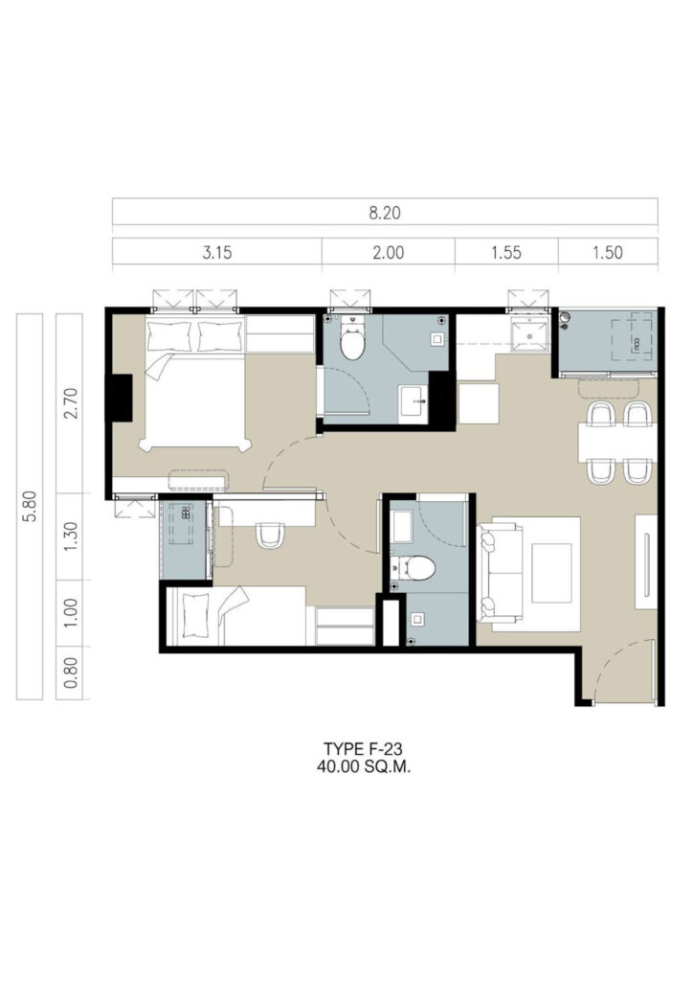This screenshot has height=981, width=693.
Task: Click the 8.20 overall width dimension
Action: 384,213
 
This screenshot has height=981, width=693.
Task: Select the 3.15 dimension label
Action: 217,253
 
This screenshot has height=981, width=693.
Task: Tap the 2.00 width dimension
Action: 388,253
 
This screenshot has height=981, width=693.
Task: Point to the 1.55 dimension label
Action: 505,253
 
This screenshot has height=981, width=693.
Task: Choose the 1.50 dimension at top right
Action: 608,253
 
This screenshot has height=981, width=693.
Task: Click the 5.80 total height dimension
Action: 30,506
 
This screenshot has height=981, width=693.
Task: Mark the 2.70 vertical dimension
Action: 69,403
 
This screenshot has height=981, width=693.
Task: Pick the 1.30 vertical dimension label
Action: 69,536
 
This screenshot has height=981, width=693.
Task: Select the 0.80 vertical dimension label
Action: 69,673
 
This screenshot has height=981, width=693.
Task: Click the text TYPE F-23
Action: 363,749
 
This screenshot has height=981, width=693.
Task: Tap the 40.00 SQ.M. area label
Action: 363,767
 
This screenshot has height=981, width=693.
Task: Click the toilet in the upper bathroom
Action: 352,338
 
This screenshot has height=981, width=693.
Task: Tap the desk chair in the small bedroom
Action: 271,535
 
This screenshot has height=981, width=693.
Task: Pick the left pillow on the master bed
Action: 168,337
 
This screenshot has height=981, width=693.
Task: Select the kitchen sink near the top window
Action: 529,334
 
